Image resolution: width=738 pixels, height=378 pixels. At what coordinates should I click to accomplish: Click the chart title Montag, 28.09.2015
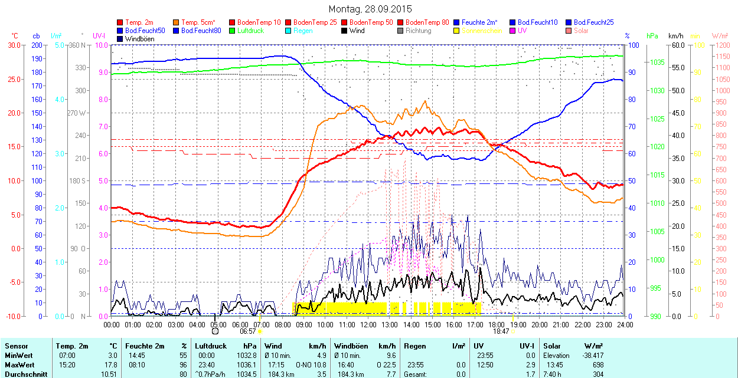coord(370,9)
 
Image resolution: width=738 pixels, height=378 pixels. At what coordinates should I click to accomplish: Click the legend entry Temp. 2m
coord(139,22)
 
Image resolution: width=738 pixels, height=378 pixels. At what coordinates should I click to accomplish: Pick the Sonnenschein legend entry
coord(482,31)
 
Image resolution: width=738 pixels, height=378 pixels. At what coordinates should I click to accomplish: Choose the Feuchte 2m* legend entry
coord(479,22)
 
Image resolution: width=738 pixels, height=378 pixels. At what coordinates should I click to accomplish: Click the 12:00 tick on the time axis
coord(368,324)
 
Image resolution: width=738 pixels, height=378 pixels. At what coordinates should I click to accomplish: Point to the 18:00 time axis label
coord(497,324)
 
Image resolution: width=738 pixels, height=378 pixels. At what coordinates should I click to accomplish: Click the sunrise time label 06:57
coord(248,331)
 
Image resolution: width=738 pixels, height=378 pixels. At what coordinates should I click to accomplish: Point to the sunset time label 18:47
coord(501,331)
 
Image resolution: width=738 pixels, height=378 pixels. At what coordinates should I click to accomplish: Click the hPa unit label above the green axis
coord(652,36)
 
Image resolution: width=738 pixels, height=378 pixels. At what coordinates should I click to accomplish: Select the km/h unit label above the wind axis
coord(675,36)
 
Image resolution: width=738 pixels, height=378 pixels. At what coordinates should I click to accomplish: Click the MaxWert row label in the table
coord(19,364)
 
